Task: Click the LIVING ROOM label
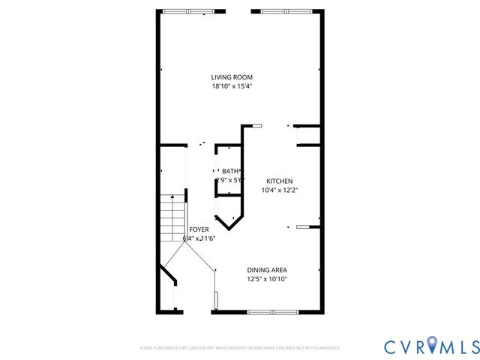(x=231, y=77)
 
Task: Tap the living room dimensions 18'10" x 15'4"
(x=231, y=86)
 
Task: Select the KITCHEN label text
(x=280, y=181)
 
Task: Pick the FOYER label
(x=199, y=229)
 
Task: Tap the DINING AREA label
(x=267, y=270)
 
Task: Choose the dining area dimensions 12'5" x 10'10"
(x=267, y=279)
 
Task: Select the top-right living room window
(x=283, y=10)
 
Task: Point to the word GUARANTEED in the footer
(x=325, y=348)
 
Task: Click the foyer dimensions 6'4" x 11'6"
(x=199, y=238)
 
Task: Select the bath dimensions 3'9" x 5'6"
(x=229, y=180)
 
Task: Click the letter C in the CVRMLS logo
(x=392, y=346)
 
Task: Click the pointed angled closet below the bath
(x=229, y=213)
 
